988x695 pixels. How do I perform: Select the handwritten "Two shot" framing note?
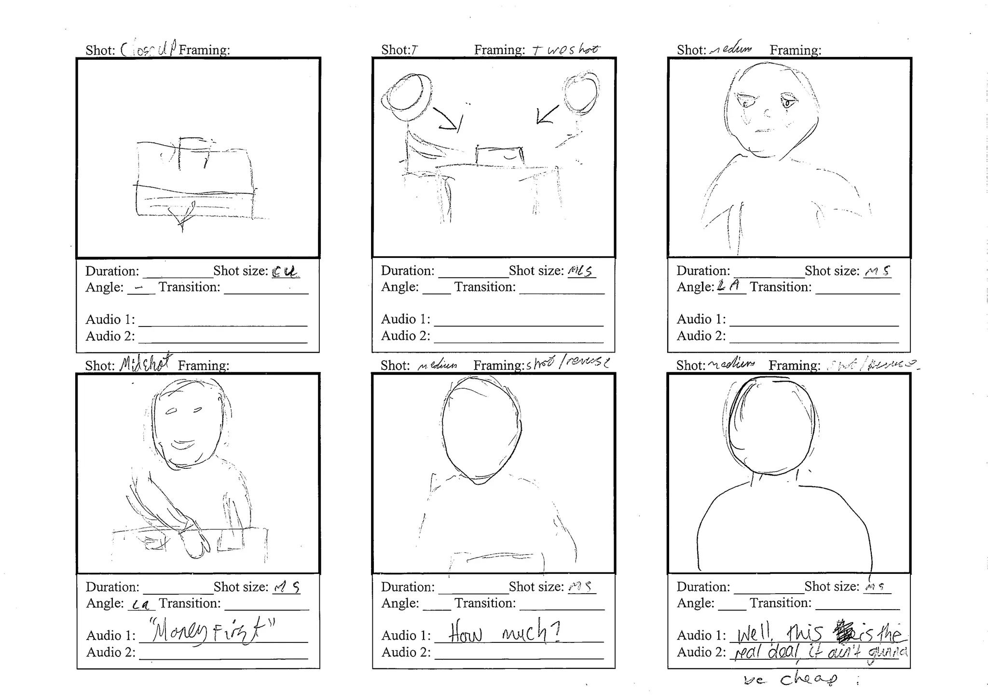(x=565, y=49)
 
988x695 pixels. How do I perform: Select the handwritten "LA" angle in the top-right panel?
(x=728, y=286)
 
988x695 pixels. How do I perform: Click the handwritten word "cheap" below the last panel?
(x=809, y=679)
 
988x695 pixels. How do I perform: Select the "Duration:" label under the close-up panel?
(x=112, y=271)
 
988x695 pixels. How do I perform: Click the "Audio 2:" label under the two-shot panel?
(x=405, y=336)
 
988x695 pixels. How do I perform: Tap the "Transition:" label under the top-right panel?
(x=780, y=287)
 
